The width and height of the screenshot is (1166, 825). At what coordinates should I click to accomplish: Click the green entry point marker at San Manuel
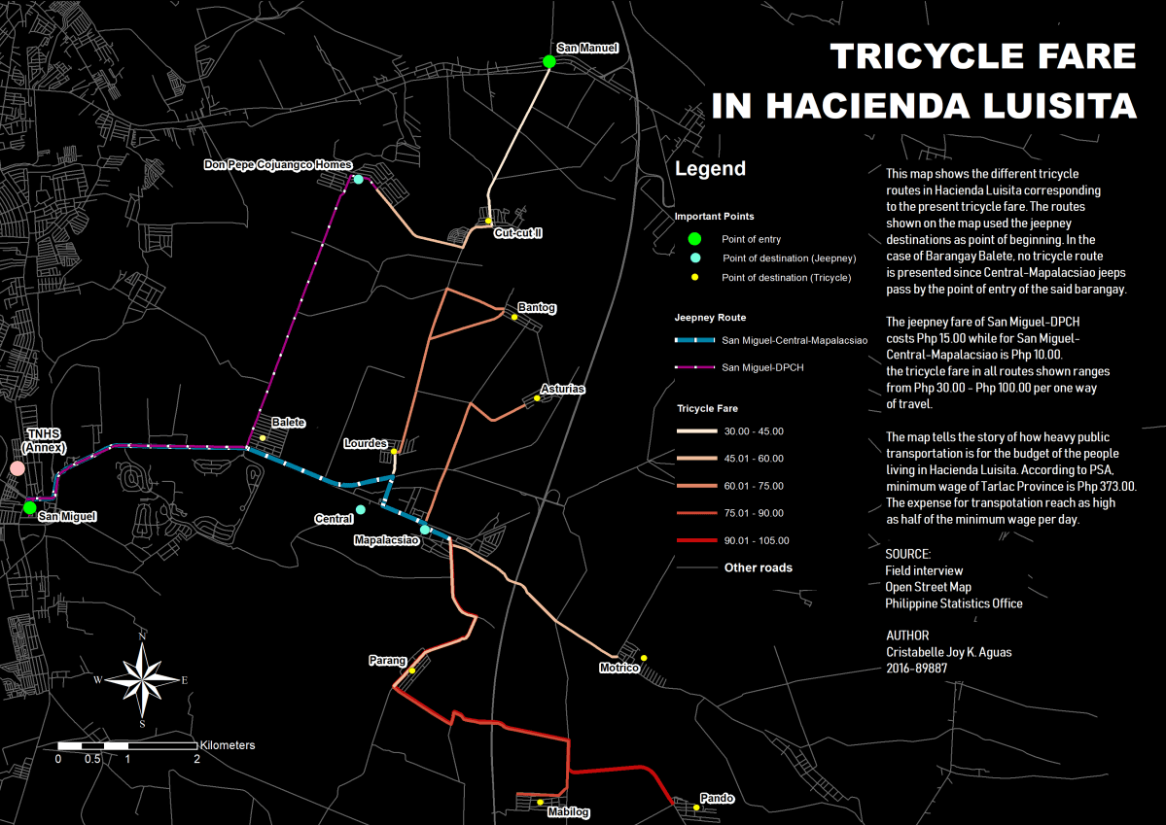[x=548, y=62]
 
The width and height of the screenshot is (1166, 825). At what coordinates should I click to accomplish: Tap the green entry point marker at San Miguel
[x=29, y=507]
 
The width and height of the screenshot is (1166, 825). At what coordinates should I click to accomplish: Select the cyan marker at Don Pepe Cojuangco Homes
[x=358, y=180]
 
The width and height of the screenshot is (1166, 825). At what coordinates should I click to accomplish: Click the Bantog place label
[x=537, y=308]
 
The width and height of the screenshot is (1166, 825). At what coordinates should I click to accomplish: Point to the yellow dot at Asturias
[x=536, y=398]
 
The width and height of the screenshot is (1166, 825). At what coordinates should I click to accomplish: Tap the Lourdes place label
[x=366, y=443]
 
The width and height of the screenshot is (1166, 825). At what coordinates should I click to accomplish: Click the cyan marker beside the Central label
[x=361, y=509]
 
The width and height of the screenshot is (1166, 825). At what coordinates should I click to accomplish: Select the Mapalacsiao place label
[x=386, y=539]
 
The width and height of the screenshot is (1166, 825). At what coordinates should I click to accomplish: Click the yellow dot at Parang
[x=412, y=670]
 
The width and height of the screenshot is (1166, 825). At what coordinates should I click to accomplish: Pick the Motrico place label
[x=619, y=669]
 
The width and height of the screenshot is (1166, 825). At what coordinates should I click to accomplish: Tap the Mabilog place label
[x=569, y=812]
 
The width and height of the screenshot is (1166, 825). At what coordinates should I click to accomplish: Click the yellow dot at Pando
[x=697, y=808]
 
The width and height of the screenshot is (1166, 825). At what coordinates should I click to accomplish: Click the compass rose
[x=142, y=679]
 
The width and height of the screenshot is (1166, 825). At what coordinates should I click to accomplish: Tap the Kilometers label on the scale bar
[x=228, y=745]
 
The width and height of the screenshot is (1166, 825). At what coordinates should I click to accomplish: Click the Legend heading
[x=710, y=169]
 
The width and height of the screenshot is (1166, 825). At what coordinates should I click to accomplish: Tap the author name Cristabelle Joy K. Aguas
[x=948, y=652]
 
